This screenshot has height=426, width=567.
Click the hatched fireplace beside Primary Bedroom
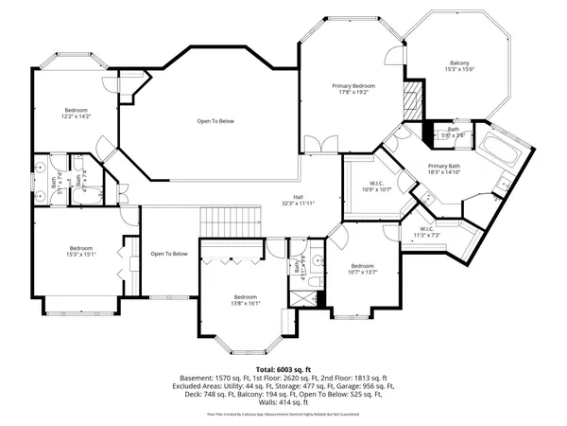pos(411,98)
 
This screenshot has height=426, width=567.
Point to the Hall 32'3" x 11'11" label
pos(297,200)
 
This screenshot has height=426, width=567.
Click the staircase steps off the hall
pos(231,221)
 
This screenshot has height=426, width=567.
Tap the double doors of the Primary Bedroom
pos(326,144)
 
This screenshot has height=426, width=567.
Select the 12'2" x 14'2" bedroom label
pos(77,113)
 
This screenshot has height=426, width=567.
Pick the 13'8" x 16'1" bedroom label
pos(247,299)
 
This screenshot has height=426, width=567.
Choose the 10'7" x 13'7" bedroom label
pos(364,271)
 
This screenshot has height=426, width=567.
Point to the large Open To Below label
pos(216,121)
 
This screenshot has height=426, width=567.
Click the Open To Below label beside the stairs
pos(169,254)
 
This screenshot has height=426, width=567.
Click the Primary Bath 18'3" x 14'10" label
pos(442,169)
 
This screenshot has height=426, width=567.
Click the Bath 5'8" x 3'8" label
pos(454,133)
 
